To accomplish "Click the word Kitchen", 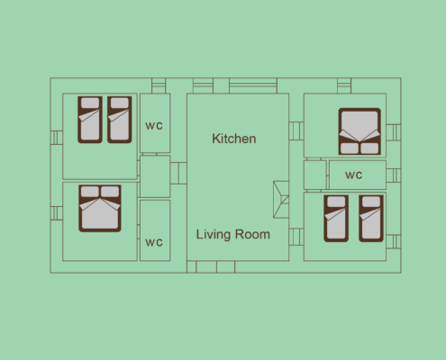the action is coord(234,139).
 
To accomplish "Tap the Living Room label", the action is coord(233,234).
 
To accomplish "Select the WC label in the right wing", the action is coord(354,175).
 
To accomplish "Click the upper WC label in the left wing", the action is coord(154,126).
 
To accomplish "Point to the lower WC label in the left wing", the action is coord(154,242).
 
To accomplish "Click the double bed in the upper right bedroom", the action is coord(360,131).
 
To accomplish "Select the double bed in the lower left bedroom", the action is coord(100,208).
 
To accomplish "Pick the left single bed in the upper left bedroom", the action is coord(90,120).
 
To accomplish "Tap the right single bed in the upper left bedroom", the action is coord(120,120).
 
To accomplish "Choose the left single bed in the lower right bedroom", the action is coord(336,219).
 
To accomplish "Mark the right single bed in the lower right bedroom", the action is coord(371,219).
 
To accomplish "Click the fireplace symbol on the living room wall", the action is coord(281,200).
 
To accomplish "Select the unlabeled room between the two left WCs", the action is coord(155,176).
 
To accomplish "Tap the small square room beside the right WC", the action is coord(315,175).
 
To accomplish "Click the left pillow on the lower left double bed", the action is coord(90,192).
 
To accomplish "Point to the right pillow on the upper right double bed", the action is coord(369,148).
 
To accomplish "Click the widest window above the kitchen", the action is coord(253,85).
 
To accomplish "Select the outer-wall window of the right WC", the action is coord(394,175).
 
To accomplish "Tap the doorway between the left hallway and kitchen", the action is coord(178,173).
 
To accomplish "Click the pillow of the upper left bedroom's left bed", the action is coord(90,103).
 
